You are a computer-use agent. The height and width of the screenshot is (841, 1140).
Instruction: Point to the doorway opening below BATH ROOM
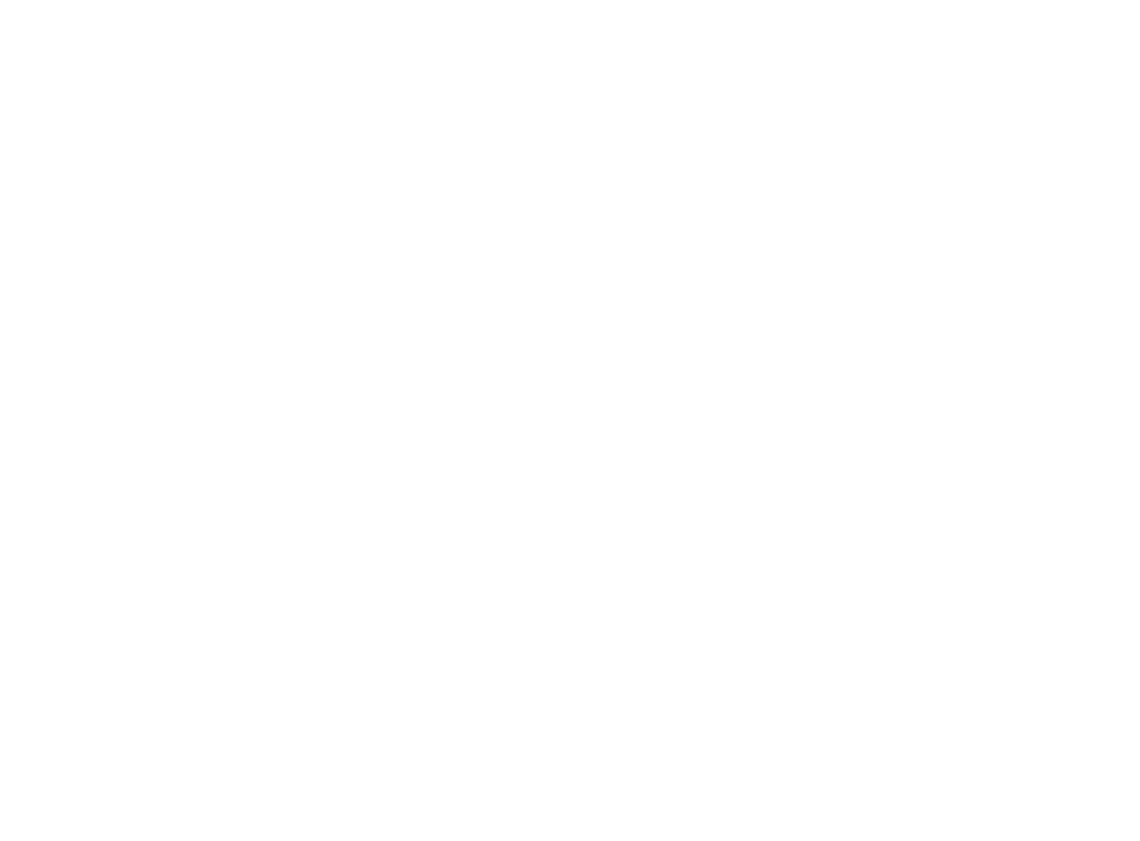pos(900,246)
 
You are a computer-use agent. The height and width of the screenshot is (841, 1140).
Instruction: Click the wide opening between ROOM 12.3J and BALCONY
pos(901,624)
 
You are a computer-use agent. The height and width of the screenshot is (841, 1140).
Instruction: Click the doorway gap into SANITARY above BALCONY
pos(949,487)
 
